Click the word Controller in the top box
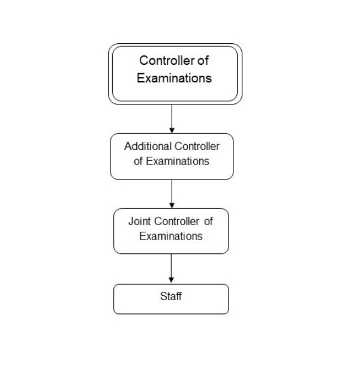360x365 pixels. pos(167,61)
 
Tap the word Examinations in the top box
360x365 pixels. pos(174,78)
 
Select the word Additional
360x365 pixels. pos(148,146)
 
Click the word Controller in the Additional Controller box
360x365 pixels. pos(197,146)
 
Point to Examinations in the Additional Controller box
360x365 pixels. pos(178,161)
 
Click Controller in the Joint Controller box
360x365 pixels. pos(176,221)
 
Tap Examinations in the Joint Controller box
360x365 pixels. pos(171,236)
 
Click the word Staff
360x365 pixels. pos(171,297)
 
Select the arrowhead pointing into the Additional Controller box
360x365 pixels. pos(172,130)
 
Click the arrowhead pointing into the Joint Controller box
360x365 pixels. pos(172,205)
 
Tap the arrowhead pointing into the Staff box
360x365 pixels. pos(171,280)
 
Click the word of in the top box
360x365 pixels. pos(203,61)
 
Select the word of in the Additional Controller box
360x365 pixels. pos(138,161)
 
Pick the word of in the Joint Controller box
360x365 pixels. pos(209,221)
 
